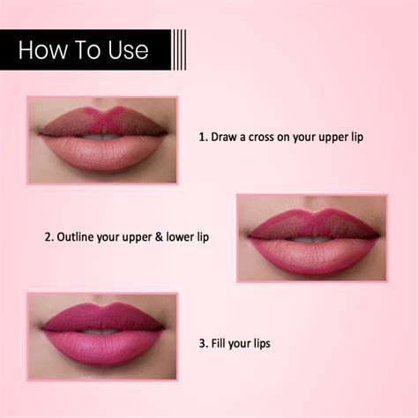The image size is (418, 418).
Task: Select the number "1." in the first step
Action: pyautogui.click(x=203, y=138)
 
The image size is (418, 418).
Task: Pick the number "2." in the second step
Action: pyautogui.click(x=49, y=236)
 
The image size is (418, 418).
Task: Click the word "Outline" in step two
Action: pyautogui.click(x=76, y=236)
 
